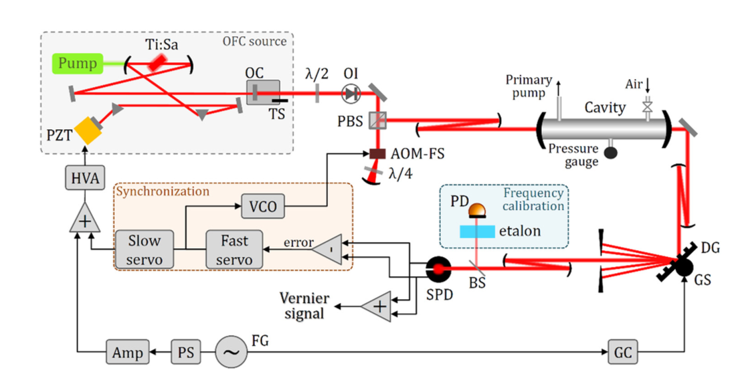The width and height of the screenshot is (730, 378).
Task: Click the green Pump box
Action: coord(78,64)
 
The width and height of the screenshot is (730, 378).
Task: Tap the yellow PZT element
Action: coord(87,132)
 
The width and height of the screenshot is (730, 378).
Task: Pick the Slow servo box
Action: coord(145,248)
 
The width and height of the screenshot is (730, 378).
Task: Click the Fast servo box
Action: coord(234,248)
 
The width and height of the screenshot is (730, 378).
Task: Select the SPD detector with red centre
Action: coord(439,269)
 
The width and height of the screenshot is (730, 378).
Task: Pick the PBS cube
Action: coord(379,120)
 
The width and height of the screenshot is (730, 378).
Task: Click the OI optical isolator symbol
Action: coord(351,94)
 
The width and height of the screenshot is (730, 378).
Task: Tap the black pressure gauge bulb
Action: coord(610,151)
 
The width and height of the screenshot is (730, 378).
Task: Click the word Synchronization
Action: coord(163,191)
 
